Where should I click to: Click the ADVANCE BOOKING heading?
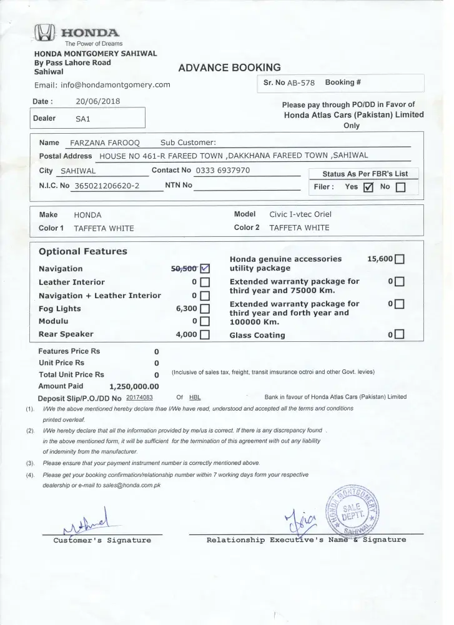click(229, 68)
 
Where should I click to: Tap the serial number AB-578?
click(302, 82)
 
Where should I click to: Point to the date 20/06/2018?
click(98, 101)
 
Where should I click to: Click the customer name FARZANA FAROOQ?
click(105, 142)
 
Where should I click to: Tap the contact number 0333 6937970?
click(223, 170)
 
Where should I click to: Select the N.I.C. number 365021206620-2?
click(107, 186)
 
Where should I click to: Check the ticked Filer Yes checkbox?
click(368, 186)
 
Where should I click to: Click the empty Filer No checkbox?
click(400, 186)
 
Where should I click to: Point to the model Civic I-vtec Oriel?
click(300, 214)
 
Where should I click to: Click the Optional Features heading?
click(82, 251)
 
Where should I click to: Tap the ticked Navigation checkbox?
click(204, 269)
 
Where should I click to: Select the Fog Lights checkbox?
click(204, 308)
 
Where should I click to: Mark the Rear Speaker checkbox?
click(204, 334)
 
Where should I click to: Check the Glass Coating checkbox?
click(400, 335)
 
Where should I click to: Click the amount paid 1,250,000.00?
click(134, 386)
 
